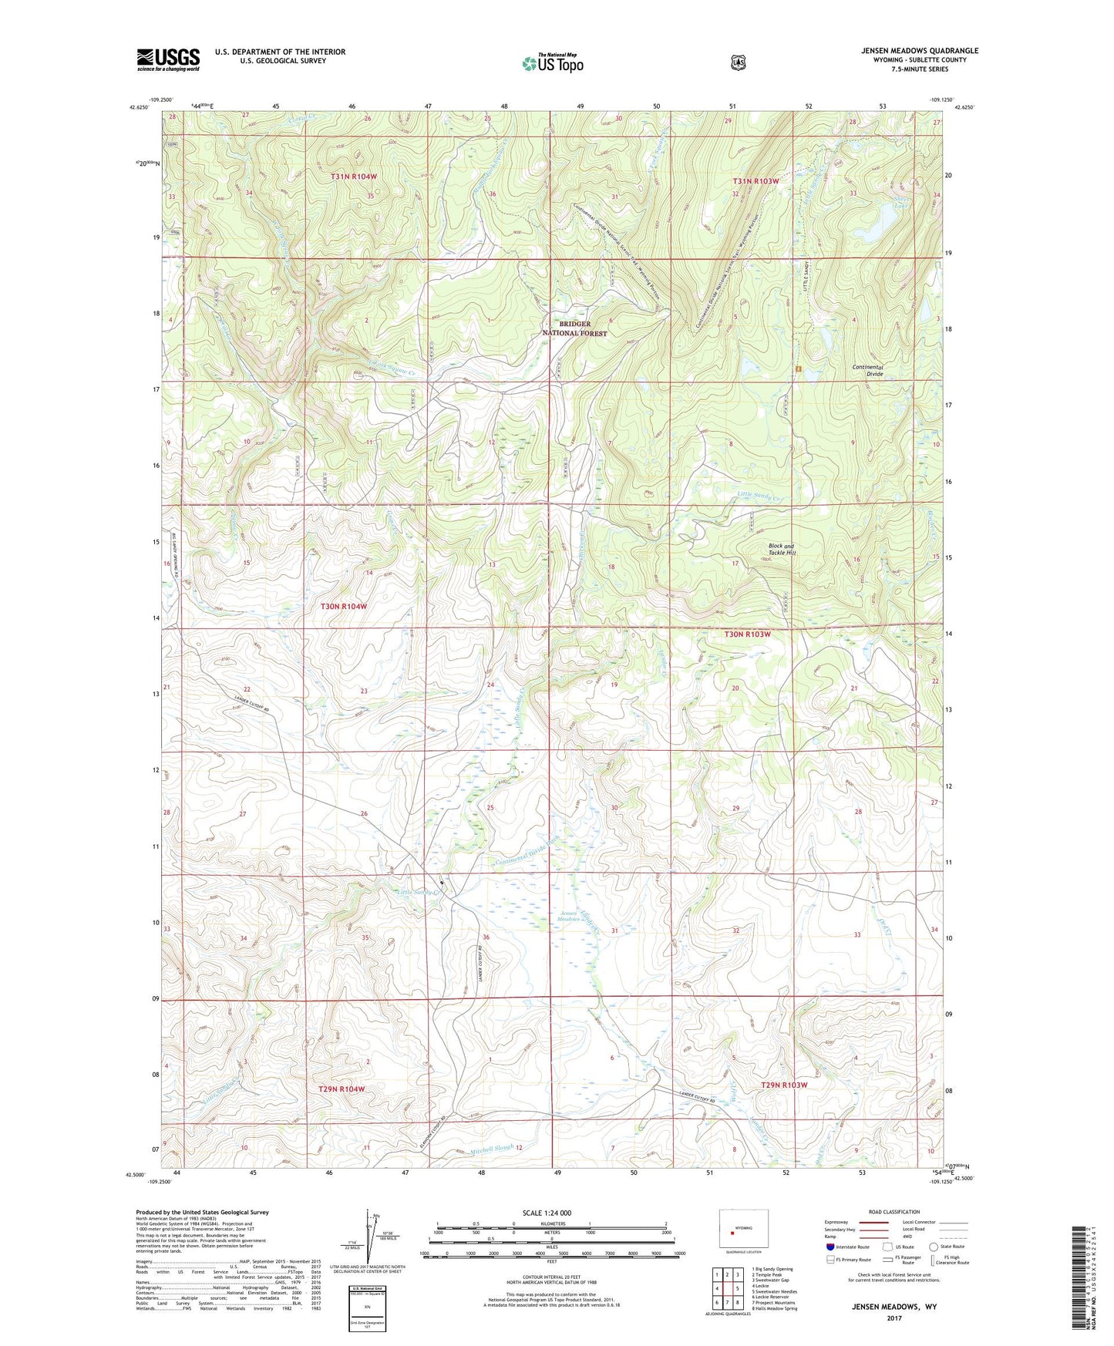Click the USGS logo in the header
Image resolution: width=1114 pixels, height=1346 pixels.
coord(168,59)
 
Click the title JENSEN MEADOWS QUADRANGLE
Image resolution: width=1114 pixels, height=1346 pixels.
coord(920,51)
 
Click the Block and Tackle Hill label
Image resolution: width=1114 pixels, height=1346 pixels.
coord(780,549)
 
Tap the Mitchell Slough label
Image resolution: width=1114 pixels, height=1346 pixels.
coord(491,1148)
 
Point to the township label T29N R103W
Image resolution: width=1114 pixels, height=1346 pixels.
coord(784,1085)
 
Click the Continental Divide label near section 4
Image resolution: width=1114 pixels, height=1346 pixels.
coord(867,370)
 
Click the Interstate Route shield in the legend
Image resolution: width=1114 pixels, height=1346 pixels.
coord(830,1247)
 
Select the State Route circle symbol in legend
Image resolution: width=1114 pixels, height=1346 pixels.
coord(934,1247)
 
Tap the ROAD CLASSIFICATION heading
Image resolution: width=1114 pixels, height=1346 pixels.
coord(894,1212)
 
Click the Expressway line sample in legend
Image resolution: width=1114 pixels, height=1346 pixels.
coord(871,1223)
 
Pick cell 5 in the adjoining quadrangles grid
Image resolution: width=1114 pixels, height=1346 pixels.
coord(736,1288)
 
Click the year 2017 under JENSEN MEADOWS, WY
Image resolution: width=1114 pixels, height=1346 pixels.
coord(894,1317)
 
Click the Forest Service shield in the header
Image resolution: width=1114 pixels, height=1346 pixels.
coord(739,62)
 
